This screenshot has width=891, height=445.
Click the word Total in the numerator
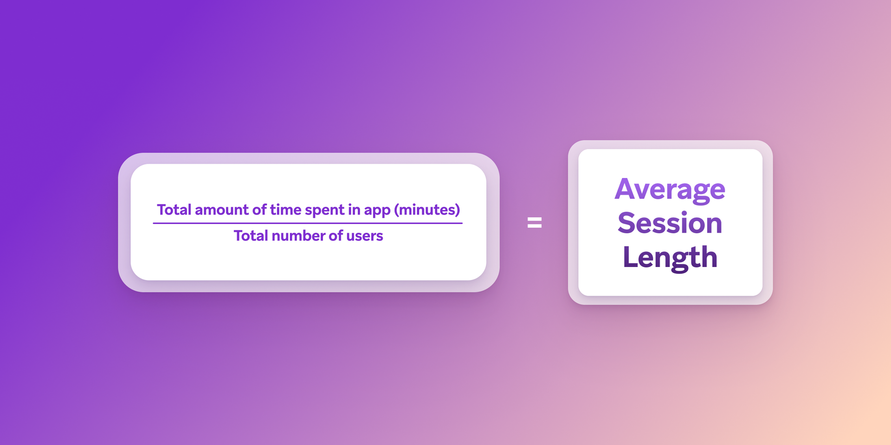174,210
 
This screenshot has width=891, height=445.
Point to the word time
285,210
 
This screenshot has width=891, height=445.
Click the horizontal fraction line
308,223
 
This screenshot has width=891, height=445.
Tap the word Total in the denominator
251,236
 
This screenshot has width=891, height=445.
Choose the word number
298,236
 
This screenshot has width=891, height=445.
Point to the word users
364,236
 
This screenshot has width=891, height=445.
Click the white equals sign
535,223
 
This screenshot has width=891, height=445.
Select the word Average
670,190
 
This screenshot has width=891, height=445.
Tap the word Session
670,223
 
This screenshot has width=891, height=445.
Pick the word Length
670,258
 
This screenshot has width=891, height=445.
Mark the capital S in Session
627,223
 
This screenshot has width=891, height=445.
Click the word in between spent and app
354,210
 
